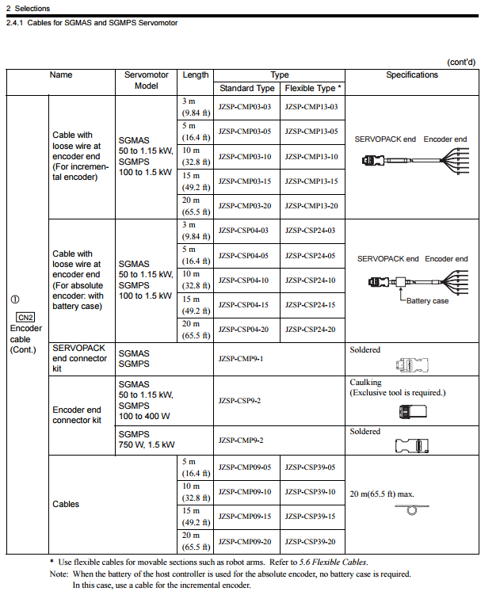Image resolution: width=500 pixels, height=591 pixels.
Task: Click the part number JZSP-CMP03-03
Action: [x=245, y=107]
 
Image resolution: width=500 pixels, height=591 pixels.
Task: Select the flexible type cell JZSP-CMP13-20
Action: [x=311, y=206]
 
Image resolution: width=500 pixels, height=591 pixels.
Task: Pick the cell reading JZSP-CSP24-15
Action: [x=311, y=305]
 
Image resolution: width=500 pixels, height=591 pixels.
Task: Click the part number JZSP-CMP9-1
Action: [x=240, y=359]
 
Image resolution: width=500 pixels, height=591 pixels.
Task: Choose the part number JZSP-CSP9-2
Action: [x=239, y=401]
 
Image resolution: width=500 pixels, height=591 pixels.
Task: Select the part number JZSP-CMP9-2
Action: [x=240, y=440]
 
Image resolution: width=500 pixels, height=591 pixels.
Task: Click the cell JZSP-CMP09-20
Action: [x=245, y=542]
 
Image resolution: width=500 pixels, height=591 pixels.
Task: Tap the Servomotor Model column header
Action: [x=147, y=80]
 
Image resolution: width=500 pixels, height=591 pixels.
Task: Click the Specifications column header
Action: [x=412, y=75]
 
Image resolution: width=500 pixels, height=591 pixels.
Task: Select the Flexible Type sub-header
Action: [x=313, y=88]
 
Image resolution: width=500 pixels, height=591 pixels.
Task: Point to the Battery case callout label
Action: [x=427, y=301]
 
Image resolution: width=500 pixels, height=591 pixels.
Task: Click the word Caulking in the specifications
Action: [x=365, y=383]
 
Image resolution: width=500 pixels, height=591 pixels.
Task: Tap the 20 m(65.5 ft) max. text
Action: [x=382, y=494]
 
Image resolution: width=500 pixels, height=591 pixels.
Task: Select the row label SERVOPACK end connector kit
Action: [x=79, y=358]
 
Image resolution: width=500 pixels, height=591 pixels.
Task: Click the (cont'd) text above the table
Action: [x=461, y=61]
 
